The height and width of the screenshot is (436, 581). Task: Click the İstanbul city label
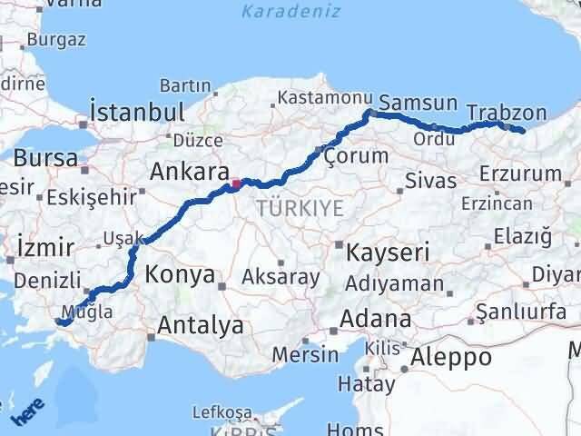[x=137, y=113]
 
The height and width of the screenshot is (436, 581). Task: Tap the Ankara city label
[x=188, y=172]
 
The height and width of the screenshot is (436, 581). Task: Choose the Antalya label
[x=201, y=324]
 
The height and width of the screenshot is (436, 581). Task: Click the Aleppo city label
[x=451, y=357]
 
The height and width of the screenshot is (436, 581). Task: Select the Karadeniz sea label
[x=291, y=12]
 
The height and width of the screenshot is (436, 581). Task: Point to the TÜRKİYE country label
[x=300, y=208]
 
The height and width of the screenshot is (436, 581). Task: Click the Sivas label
[x=431, y=181]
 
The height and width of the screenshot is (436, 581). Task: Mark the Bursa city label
[x=45, y=157]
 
